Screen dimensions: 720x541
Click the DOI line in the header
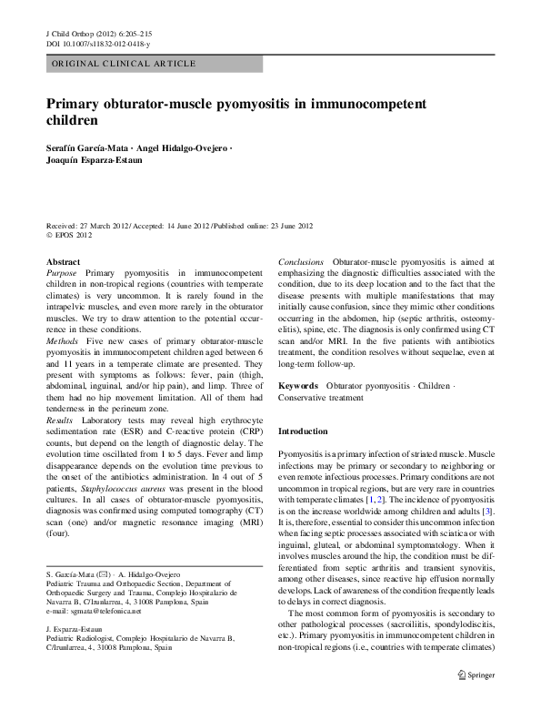click(x=98, y=44)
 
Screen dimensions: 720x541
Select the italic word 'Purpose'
click(x=62, y=272)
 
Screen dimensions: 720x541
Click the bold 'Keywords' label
click(x=298, y=387)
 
